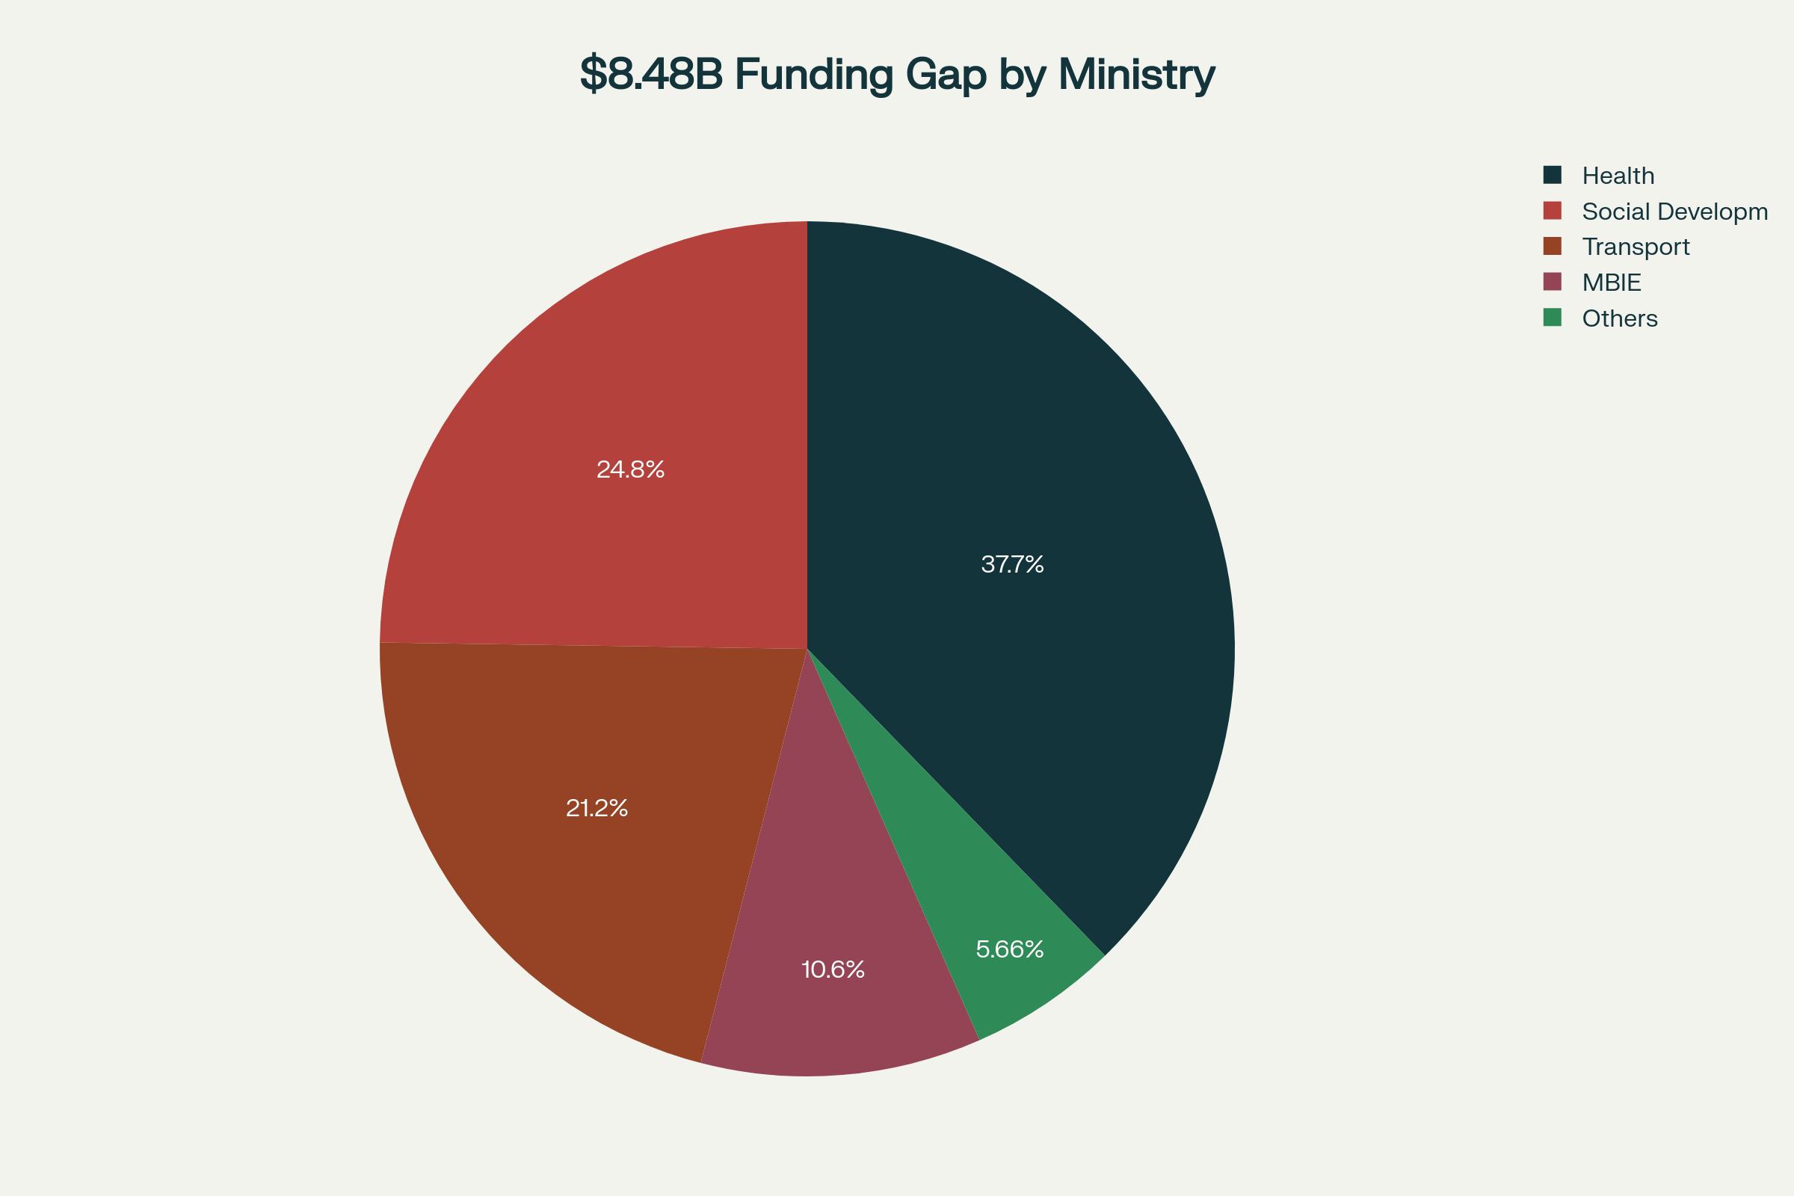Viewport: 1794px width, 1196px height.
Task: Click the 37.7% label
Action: pos(1012,564)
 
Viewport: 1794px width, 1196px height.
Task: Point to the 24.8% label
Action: pos(630,469)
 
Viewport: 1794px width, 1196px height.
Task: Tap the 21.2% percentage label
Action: pos(597,808)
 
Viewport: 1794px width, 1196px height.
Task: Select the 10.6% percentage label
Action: pos(833,970)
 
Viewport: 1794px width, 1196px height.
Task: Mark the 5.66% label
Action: pos(1010,949)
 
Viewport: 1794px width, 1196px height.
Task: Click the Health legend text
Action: pos(1618,176)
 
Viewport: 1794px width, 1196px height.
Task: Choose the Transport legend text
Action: pos(1636,247)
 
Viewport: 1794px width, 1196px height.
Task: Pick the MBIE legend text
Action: pos(1611,283)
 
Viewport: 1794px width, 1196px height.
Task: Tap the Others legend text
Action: pos(1619,318)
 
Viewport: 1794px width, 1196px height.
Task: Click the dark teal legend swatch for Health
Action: pos(1553,175)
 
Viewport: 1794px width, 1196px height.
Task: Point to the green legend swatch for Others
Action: pos(1553,317)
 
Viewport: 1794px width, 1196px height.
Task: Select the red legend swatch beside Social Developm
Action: pos(1553,211)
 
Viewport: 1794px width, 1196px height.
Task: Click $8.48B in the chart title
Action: pos(650,74)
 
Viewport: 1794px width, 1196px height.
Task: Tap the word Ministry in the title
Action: pos(1135,74)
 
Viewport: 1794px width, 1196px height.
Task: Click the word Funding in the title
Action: pos(813,74)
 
